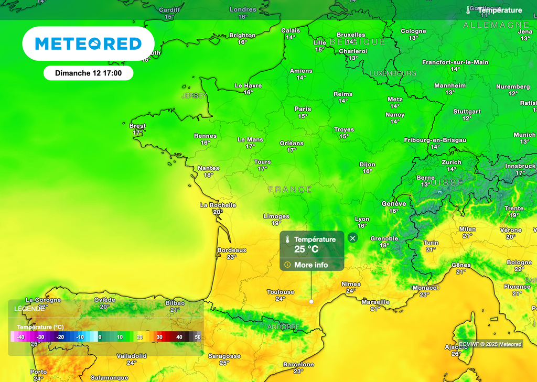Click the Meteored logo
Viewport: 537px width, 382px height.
88,43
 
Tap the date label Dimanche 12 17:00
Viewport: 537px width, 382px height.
88,73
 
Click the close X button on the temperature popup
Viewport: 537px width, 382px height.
352,238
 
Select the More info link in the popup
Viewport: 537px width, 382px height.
310,265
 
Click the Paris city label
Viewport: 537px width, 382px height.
303,109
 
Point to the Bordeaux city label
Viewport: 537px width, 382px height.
232,250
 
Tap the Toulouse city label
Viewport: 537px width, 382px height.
281,292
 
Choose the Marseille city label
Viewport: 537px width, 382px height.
375,302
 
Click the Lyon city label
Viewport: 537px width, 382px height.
362,219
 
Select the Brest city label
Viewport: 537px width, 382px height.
137,126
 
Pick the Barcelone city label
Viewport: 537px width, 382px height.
298,364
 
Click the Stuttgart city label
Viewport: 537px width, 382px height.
467,112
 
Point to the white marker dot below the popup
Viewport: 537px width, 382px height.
312,302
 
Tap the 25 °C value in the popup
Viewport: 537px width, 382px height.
306,249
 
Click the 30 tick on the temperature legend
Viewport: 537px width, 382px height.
159,337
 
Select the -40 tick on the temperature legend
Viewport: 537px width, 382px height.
21,337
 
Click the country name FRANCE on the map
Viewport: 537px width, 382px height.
290,189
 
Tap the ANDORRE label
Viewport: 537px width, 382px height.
284,327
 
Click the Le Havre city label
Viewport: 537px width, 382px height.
248,85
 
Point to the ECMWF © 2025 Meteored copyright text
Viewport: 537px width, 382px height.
490,344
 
